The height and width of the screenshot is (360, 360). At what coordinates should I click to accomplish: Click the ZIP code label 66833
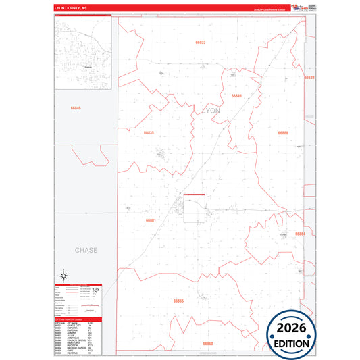coord(201,43)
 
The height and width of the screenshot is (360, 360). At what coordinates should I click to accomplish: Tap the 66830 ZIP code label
coord(236,96)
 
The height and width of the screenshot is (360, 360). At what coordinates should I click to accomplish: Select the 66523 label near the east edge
coord(309,78)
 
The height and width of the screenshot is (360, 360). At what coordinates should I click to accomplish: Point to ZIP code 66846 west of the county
coord(75,108)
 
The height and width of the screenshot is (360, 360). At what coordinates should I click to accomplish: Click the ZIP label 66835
coord(149,133)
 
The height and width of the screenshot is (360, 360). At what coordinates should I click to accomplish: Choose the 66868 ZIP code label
coord(283,133)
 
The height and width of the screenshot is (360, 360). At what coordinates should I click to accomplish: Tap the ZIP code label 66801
coord(151,220)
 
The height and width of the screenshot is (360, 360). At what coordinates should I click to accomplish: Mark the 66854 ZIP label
coord(300,234)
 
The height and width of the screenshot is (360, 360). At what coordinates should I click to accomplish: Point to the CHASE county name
coord(86,250)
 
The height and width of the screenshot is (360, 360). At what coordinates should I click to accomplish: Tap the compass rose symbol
coord(63,275)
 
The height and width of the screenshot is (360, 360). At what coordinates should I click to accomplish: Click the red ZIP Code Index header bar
coord(78,319)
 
